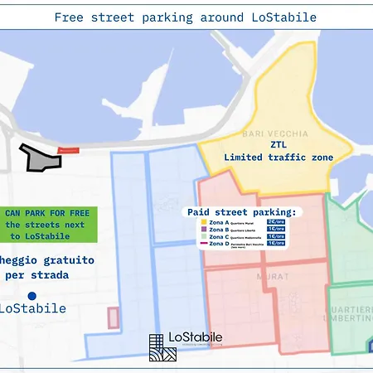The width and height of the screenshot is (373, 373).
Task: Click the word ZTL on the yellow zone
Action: point(277,143)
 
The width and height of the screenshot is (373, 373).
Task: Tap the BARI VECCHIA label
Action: point(264,133)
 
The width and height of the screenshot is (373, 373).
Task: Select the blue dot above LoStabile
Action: point(31,295)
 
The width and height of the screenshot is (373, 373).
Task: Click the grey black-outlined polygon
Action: point(42,157)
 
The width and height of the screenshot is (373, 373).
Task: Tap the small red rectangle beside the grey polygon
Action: point(70,150)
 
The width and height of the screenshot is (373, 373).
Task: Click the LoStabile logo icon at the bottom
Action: point(162,348)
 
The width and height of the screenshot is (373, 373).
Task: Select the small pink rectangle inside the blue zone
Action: point(113,317)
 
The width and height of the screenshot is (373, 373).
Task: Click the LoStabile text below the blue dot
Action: point(33,309)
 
